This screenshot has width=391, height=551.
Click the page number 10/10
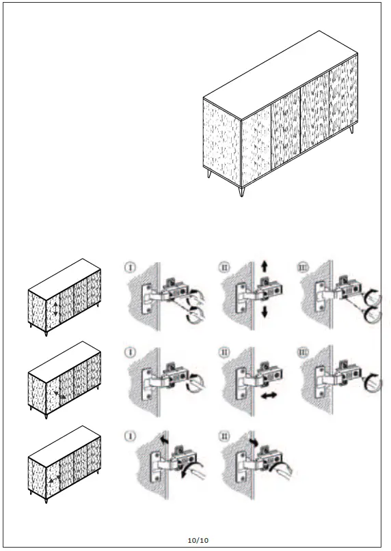coord(198,540)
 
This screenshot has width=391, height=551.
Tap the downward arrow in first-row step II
coord(264,311)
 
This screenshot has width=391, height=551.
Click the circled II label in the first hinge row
coord(225,266)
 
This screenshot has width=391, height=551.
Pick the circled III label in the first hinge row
coord(304,266)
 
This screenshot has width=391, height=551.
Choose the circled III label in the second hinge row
coord(304,354)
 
